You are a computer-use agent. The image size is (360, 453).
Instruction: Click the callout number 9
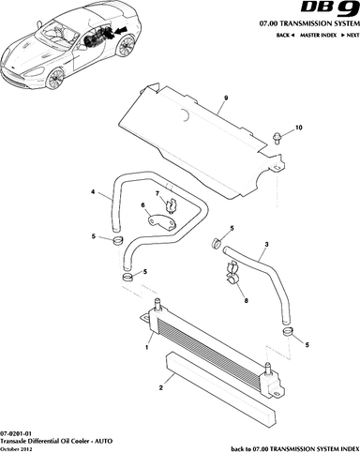tap(226, 98)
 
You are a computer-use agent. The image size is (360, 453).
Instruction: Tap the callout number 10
tap(299, 128)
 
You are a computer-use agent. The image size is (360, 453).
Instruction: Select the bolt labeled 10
tap(277, 138)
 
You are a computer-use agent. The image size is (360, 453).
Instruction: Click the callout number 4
tap(93, 191)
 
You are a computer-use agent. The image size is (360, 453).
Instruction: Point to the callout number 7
tap(157, 194)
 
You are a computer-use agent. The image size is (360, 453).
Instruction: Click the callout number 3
tap(266, 244)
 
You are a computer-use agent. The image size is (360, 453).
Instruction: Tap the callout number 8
tap(247, 301)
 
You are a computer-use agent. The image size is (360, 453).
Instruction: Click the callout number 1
tap(146, 347)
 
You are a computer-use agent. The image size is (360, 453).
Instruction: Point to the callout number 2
tap(161, 388)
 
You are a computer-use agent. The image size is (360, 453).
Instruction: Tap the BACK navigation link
tap(285, 35)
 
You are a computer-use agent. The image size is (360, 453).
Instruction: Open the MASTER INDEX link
tap(318, 35)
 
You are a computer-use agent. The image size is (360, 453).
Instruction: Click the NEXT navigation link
tap(351, 35)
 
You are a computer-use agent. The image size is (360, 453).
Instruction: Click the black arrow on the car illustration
tap(120, 31)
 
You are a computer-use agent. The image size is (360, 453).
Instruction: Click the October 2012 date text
tap(15, 449)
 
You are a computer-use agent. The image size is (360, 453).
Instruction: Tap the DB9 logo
tap(330, 8)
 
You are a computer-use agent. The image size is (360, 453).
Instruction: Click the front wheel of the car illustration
tap(55, 78)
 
